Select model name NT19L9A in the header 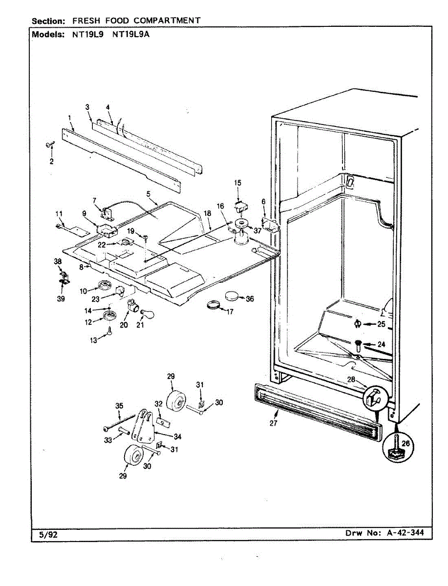click(130, 35)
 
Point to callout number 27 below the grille click(274, 423)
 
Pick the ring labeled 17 click(213, 306)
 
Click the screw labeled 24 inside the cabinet click(358, 346)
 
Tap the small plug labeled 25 click(357, 323)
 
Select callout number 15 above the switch click(237, 183)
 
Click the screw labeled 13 click(109, 333)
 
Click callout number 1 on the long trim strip click(70, 118)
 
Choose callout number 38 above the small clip click(58, 262)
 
